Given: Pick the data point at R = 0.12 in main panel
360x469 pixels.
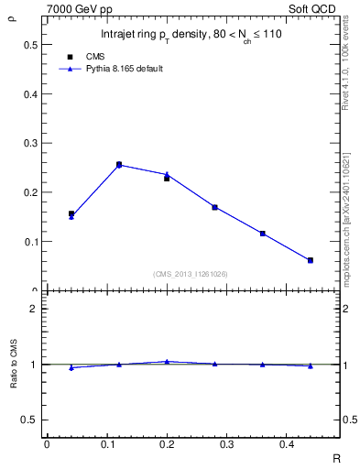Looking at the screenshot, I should click(119, 165).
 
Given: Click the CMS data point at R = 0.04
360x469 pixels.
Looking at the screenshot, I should click(71, 213).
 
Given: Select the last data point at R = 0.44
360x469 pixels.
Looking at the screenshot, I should click(311, 260).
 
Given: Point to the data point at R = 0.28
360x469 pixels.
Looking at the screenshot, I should click(214, 207).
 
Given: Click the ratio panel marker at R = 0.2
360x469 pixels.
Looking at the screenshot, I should click(167, 362).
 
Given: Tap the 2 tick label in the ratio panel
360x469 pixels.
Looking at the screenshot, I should click(34, 309).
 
